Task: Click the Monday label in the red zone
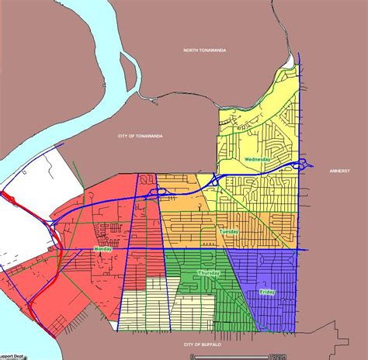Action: (x=102, y=248)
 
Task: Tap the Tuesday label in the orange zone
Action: (x=229, y=232)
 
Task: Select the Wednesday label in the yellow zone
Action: (x=257, y=159)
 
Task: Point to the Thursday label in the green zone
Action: (x=209, y=273)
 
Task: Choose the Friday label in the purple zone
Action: (x=267, y=291)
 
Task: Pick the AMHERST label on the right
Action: (x=340, y=171)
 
